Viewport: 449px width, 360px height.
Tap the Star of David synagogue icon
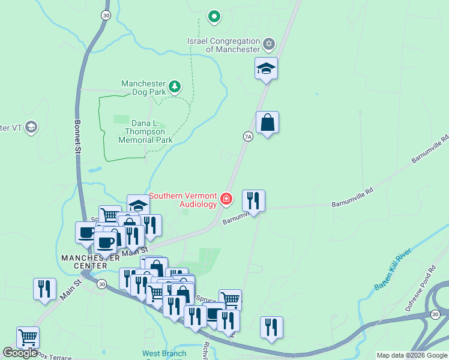(x=269, y=44)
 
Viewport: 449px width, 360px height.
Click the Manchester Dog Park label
(x=143, y=88)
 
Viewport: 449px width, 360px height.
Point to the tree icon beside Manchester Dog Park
(x=175, y=88)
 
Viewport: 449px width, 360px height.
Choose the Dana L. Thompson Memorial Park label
(x=145, y=131)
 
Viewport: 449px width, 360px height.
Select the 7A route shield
(x=248, y=137)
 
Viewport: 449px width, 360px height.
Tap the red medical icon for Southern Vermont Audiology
(x=226, y=199)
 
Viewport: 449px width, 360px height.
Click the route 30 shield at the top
(x=106, y=16)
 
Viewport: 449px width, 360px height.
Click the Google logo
(x=20, y=353)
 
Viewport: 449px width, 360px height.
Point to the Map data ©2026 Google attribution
(x=412, y=356)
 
